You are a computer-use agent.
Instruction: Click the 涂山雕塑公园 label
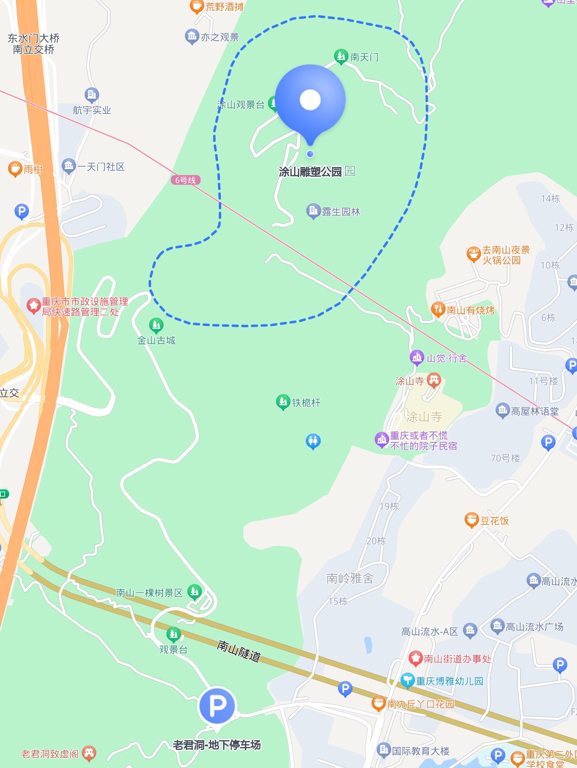tap(310, 172)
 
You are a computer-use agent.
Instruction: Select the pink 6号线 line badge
tap(185, 180)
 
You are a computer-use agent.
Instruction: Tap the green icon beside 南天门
tap(341, 57)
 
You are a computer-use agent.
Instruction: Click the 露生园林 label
tap(340, 212)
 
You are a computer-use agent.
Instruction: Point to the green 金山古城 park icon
tap(156, 324)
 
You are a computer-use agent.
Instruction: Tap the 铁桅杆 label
tap(306, 403)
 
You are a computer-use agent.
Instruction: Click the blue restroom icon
tap(313, 441)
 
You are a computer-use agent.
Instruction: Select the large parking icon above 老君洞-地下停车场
tap(217, 706)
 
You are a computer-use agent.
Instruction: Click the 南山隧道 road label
tap(239, 651)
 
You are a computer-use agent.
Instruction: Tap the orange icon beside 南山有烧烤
tap(438, 310)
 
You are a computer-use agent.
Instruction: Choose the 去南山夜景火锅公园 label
tap(506, 255)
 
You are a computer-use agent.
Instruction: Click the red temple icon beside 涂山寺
tap(434, 380)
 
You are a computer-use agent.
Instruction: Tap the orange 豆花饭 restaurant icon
tap(471, 520)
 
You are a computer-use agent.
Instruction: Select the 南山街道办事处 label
tap(457, 659)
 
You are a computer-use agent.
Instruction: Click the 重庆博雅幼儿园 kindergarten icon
tap(408, 681)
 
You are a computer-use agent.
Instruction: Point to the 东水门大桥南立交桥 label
tap(33, 44)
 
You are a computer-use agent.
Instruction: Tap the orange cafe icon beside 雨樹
tap(15, 169)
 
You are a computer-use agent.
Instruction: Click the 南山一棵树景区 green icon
tap(195, 592)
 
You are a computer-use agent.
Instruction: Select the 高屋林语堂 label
tap(535, 411)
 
